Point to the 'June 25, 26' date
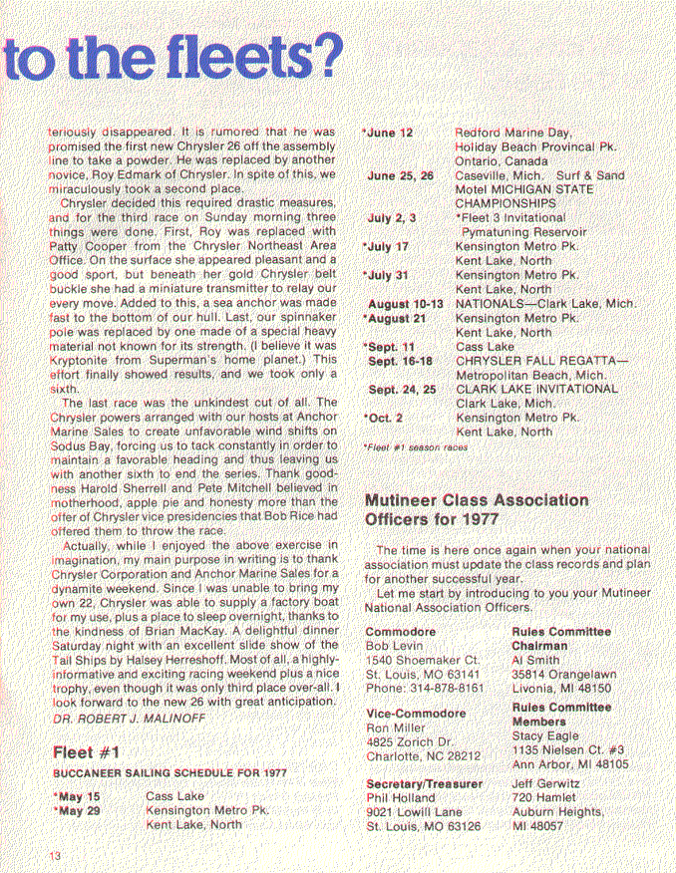coord(400,175)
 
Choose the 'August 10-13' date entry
coord(404,302)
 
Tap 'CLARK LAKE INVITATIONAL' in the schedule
coord(536,389)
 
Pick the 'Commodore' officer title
coord(401,632)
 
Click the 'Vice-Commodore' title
coord(416,714)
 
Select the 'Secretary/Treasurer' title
coord(425,784)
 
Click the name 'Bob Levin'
coord(396,646)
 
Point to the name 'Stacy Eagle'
coord(545,735)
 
